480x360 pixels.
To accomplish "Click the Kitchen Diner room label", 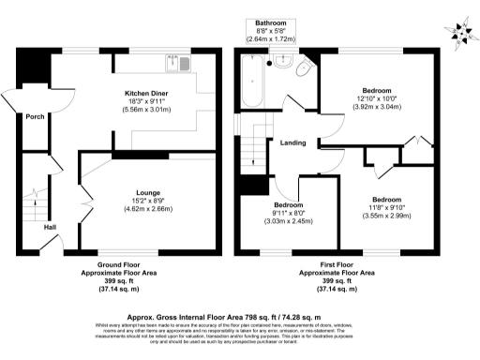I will point(147,94).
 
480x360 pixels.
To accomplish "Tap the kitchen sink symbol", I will point(173,64).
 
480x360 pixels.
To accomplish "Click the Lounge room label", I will point(147,191).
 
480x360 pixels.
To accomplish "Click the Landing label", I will point(292,142).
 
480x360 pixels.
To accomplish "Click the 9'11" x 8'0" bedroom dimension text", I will point(288,213).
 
